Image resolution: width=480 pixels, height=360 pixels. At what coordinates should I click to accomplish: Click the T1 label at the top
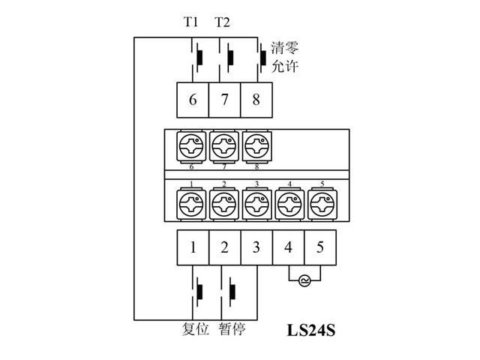click(x=191, y=22)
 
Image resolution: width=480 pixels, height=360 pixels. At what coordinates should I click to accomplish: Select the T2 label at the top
click(x=223, y=22)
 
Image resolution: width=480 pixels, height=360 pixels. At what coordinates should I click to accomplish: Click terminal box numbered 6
click(x=193, y=100)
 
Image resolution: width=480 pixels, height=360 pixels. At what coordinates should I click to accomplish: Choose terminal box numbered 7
click(x=224, y=100)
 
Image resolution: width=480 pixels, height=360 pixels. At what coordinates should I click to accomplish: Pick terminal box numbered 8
click(x=256, y=100)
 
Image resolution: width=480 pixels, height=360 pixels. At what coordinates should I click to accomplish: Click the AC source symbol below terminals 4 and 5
click(x=304, y=280)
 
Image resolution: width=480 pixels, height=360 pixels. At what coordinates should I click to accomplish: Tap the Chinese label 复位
click(x=196, y=328)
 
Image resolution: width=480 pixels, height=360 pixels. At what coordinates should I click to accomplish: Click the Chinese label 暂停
click(x=232, y=328)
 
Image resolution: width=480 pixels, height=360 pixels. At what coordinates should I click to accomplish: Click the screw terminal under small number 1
click(x=193, y=202)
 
